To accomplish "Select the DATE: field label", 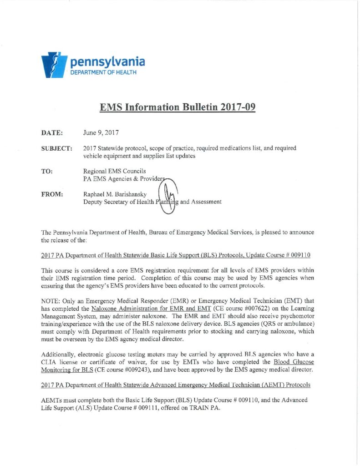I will (52, 133).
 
